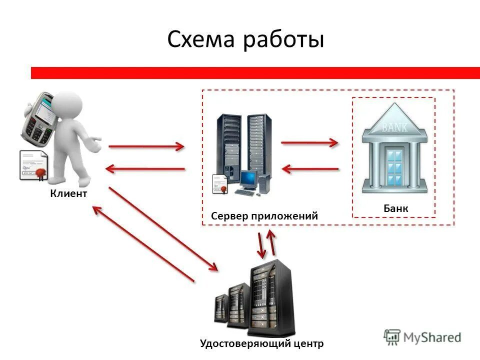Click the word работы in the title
283,40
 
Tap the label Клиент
68,193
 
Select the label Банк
396,208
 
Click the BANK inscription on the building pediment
395,127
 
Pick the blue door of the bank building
394,165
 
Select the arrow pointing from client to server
146,146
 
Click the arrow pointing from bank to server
310,169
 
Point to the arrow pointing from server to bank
310,143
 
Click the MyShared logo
422,337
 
